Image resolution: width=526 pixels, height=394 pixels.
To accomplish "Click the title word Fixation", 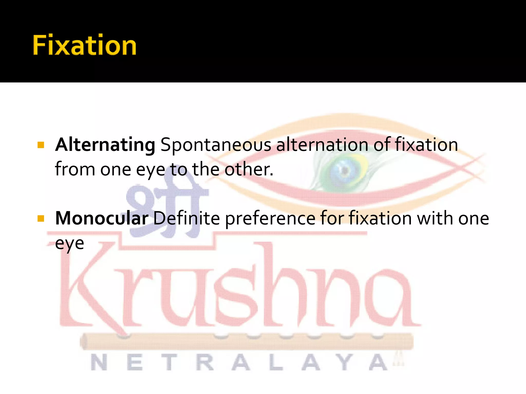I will (84, 45).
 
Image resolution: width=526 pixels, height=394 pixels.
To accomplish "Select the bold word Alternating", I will (105, 145).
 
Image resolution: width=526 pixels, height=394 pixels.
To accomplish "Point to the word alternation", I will (322, 145).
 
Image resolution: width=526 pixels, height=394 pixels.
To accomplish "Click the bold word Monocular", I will (102, 218).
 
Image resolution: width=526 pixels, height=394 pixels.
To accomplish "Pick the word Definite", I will (187, 218).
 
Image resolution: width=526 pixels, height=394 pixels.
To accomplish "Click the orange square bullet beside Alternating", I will (41, 145).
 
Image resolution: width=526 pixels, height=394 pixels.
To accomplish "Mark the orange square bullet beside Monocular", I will (41, 218).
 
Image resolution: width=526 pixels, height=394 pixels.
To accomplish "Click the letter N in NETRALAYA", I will (99, 362).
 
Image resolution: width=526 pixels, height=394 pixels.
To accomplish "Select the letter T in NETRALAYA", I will (169, 362).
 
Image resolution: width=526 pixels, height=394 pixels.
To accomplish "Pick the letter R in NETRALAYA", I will (205, 362).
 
